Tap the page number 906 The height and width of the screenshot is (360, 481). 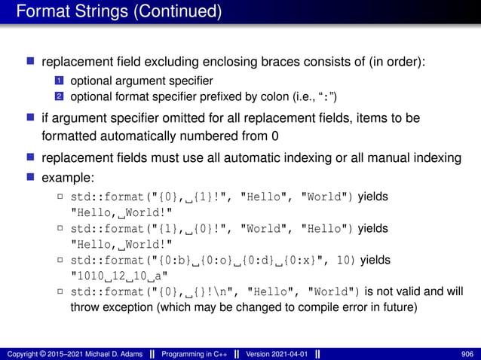click(x=467, y=352)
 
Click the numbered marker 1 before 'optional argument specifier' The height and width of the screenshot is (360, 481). click(x=58, y=81)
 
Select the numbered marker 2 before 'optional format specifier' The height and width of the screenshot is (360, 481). click(x=58, y=96)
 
